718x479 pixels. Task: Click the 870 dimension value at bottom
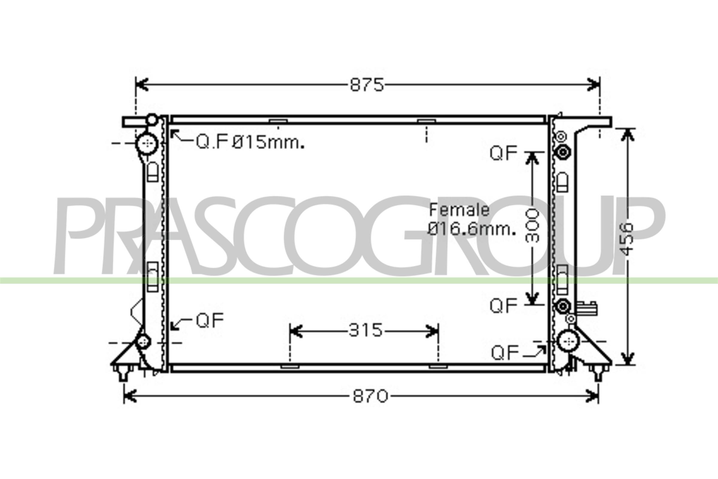click(x=371, y=396)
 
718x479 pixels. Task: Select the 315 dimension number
click(x=365, y=330)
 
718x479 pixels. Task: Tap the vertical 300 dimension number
click(x=532, y=225)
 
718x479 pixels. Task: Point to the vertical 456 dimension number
click(x=627, y=239)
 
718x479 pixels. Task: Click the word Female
click(x=460, y=210)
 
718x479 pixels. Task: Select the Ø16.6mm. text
click(x=472, y=229)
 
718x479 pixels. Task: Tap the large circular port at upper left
click(x=147, y=144)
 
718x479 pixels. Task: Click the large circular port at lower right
click(x=568, y=341)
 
